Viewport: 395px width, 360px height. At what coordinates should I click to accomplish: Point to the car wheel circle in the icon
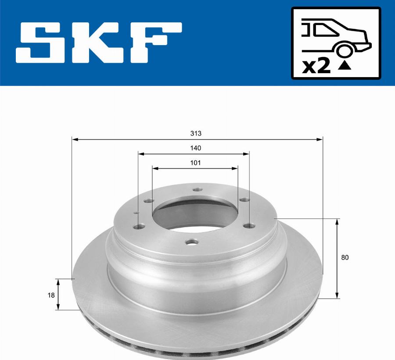344,50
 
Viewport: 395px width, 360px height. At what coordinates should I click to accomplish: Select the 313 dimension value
196,133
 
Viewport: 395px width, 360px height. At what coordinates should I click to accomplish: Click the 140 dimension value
196,148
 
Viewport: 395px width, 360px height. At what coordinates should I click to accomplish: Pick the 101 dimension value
195,163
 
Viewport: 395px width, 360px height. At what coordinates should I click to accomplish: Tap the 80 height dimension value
345,257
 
